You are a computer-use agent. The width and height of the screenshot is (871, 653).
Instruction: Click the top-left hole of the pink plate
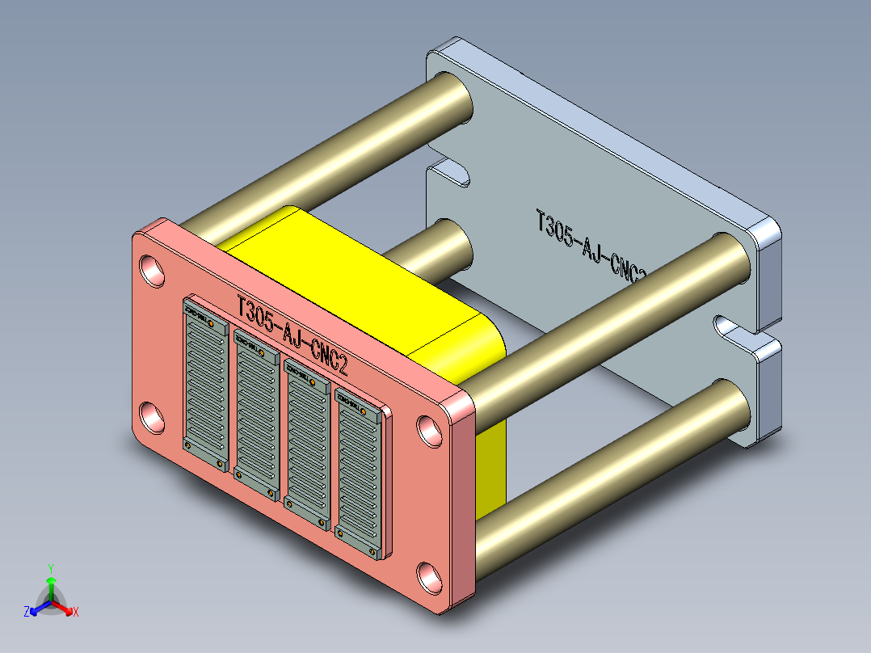click(x=151, y=269)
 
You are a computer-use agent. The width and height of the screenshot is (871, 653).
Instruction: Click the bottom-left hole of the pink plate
click(x=151, y=416)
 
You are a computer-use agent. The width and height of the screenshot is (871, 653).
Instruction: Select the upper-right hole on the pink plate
click(x=430, y=431)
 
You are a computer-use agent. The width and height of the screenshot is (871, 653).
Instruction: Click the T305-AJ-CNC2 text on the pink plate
click(x=292, y=335)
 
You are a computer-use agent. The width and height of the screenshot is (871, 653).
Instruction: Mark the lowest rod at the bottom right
click(x=614, y=469)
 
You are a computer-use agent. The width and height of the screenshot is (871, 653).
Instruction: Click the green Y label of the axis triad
click(x=50, y=568)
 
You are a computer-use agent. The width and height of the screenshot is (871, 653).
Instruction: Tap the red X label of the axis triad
click(x=75, y=612)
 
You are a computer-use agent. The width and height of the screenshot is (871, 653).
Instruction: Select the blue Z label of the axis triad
click(x=27, y=612)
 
